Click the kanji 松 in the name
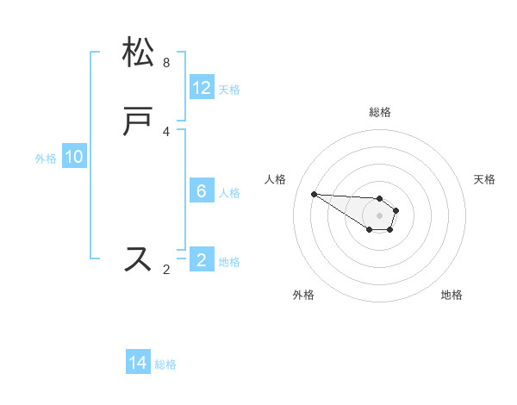[139, 53]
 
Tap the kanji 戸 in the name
[139, 122]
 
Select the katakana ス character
[139, 259]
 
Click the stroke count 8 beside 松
[166, 63]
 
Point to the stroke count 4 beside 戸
[166, 132]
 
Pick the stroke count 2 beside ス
[166, 270]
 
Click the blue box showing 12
[202, 88]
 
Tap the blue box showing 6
[202, 191]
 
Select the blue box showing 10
[74, 157]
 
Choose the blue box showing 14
[138, 364]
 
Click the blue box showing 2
[202, 260]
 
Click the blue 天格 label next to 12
[229, 90]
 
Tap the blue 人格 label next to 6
[229, 193]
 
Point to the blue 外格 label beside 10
[46, 159]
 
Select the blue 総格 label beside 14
[165, 365]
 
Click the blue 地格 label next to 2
[229, 262]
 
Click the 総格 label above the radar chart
[380, 113]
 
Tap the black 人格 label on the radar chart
[275, 179]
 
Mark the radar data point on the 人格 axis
[314, 194]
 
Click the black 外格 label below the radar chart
[303, 295]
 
